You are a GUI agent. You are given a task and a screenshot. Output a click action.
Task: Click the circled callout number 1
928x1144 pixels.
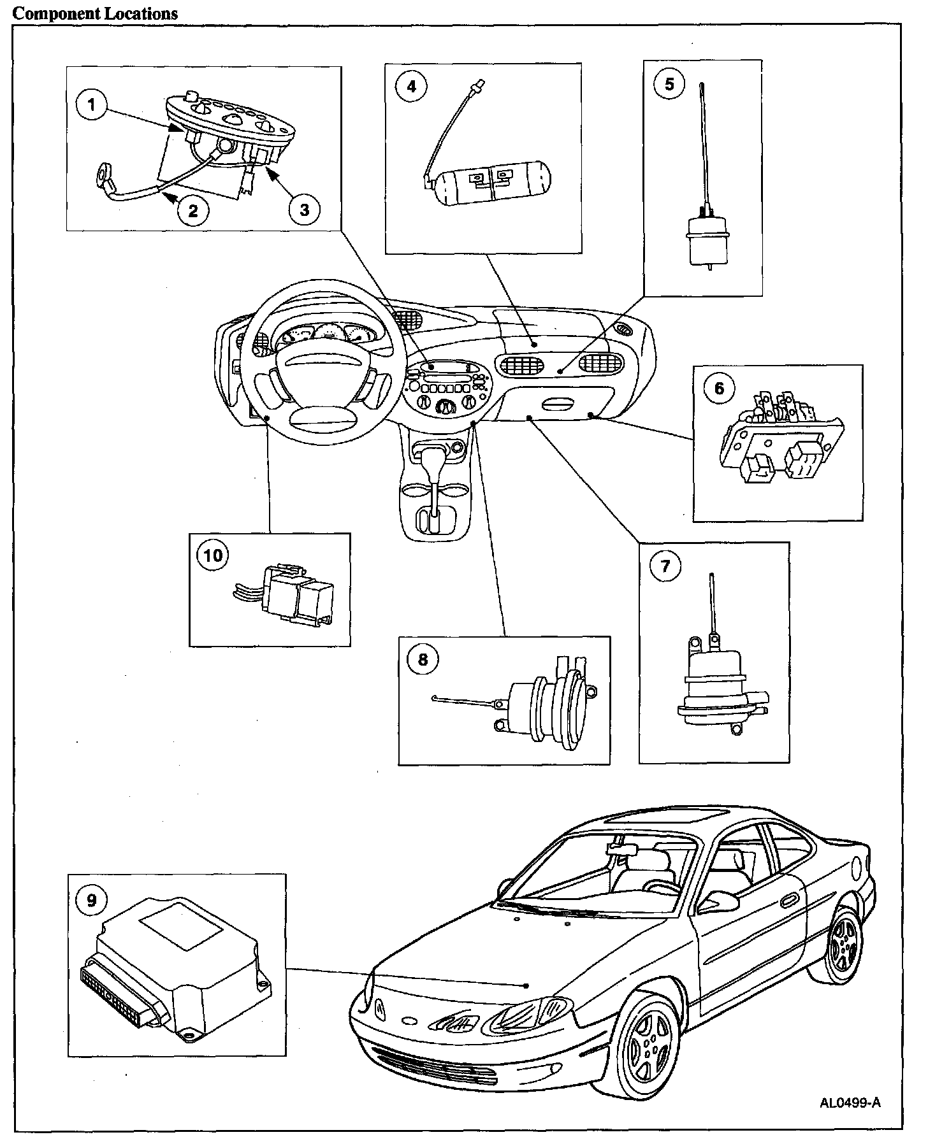pyautogui.click(x=92, y=105)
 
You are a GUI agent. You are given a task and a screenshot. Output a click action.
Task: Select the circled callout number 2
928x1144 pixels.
pyautogui.click(x=193, y=210)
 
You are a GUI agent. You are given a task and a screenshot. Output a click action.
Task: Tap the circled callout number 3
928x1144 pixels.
pyautogui.click(x=304, y=209)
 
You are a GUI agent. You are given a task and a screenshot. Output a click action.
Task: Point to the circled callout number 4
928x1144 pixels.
pyautogui.click(x=411, y=86)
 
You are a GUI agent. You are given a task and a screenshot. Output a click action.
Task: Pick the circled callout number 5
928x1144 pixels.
pyautogui.click(x=669, y=83)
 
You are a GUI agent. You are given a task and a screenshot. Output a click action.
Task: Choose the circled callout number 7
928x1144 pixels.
pyautogui.click(x=665, y=565)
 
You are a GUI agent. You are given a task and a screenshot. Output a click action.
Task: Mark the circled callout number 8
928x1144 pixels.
pyautogui.click(x=423, y=659)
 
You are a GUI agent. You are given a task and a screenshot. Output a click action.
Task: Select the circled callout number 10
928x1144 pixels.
pyautogui.click(x=213, y=555)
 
